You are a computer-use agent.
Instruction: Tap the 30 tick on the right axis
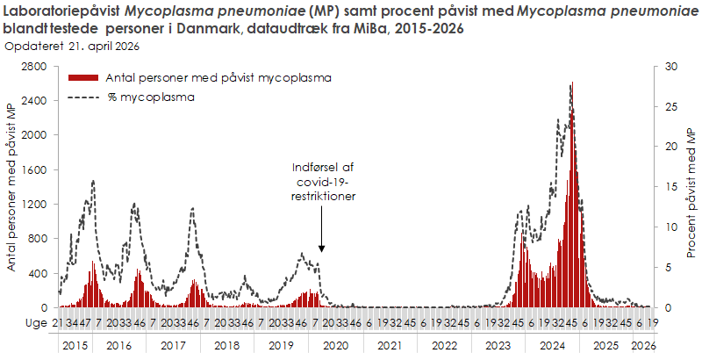[671, 67]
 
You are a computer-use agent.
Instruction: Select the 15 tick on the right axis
[671, 187]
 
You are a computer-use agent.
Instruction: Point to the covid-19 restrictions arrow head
[322, 251]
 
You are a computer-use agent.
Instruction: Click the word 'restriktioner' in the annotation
[323, 198]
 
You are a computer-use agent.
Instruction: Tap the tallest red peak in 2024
[572, 84]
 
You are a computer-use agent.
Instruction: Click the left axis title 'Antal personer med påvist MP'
[11, 186]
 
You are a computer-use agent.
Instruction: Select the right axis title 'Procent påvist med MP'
[691, 187]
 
